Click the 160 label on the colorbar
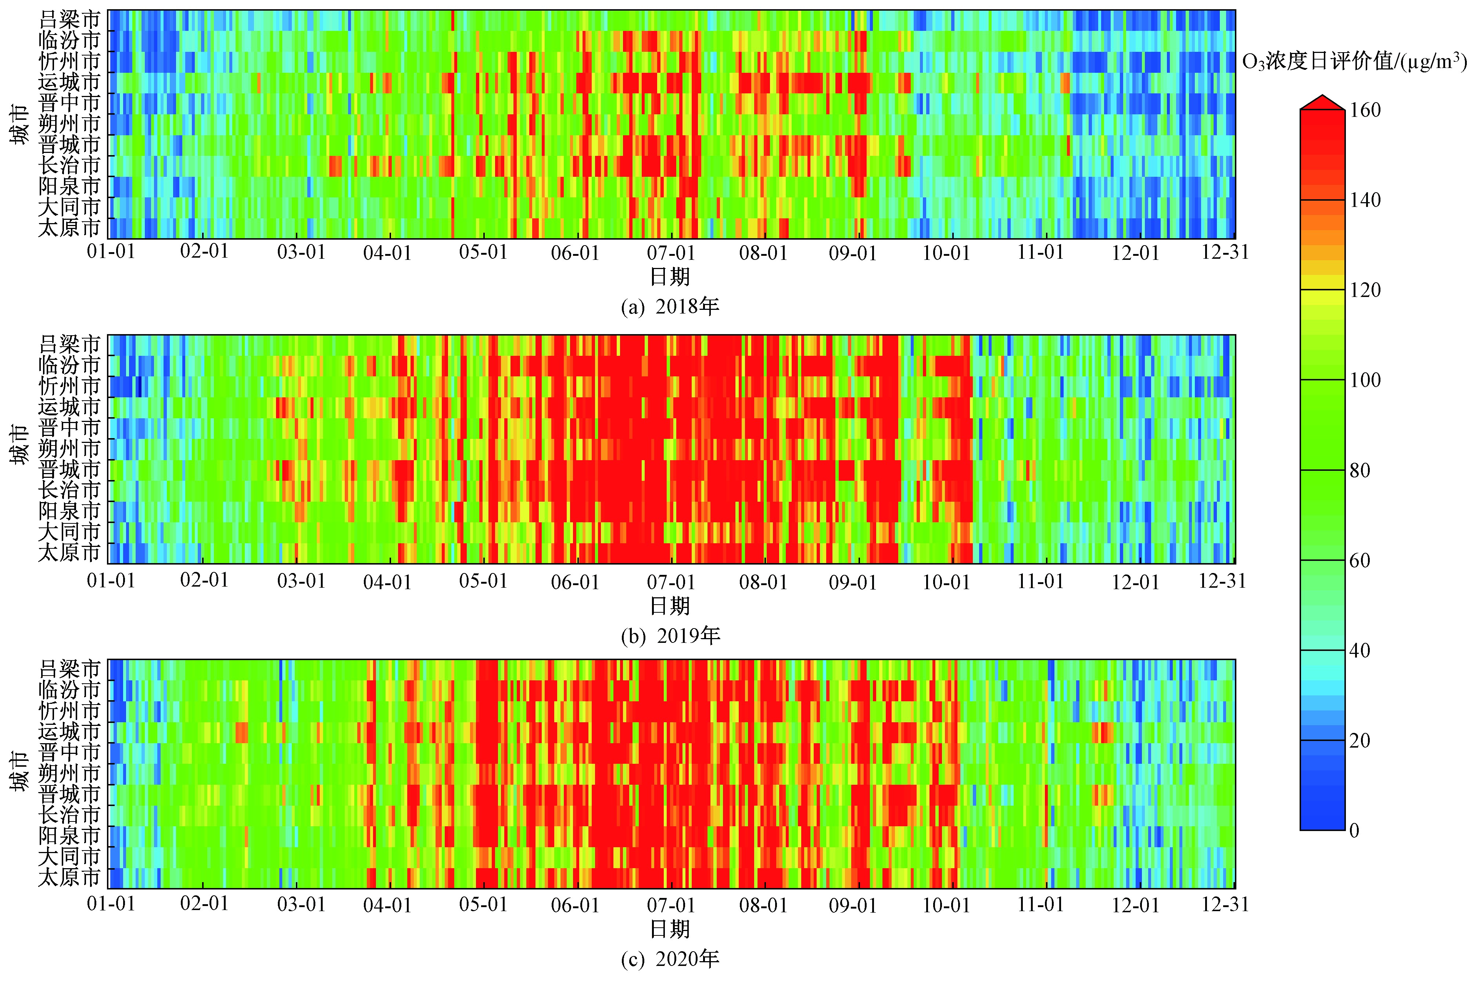[x=1365, y=110]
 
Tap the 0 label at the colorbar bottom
[x=1354, y=830]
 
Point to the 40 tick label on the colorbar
[x=1360, y=651]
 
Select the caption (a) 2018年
[x=670, y=307]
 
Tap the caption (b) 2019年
[x=670, y=635]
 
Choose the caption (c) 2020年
[x=670, y=959]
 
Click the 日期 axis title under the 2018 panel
[x=670, y=276]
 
